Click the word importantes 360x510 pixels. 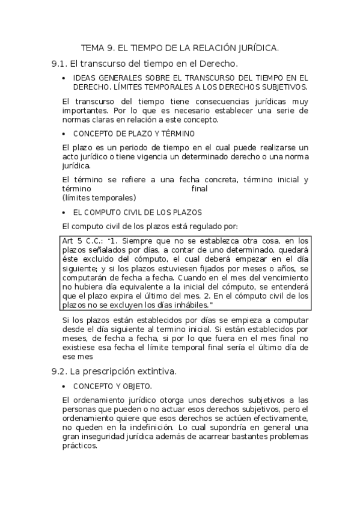[84, 111]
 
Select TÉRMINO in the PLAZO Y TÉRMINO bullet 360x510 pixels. [177, 134]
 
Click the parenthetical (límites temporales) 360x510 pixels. [99, 197]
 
